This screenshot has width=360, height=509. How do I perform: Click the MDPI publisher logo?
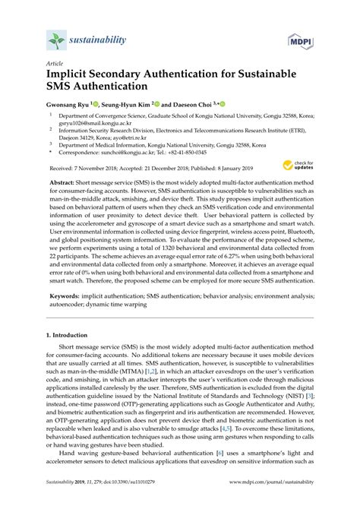click(301, 40)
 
